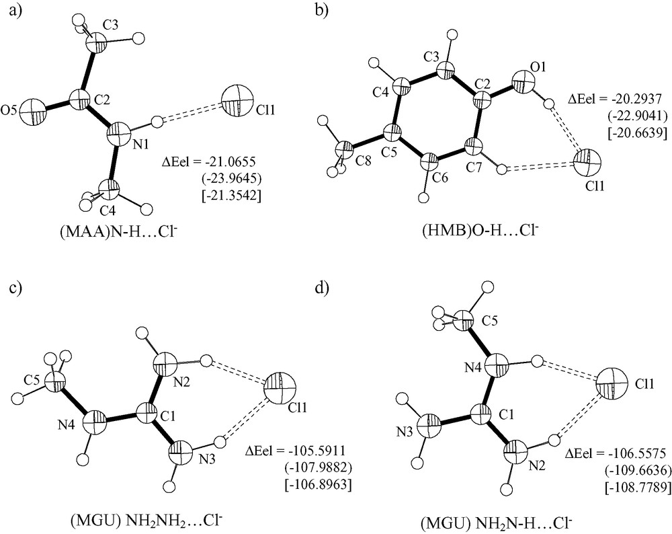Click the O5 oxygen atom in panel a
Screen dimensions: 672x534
pyautogui.click(x=33, y=112)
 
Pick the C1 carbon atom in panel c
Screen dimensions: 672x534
pyautogui.click(x=149, y=413)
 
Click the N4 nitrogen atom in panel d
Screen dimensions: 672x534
pyautogui.click(x=497, y=365)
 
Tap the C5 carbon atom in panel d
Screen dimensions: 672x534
pyautogui.click(x=464, y=321)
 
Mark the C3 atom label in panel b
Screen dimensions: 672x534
pyautogui.click(x=432, y=56)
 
